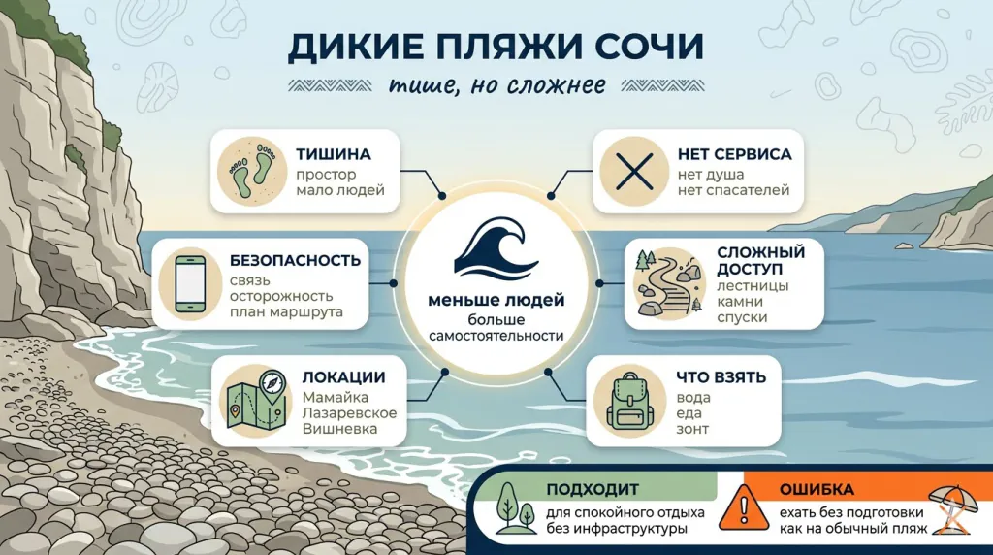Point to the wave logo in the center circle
pos(496,250)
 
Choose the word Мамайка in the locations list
pos(336,397)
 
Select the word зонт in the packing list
pos(692,429)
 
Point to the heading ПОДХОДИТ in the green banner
pos(591,489)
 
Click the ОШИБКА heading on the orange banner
pos(817,489)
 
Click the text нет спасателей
pos(735,190)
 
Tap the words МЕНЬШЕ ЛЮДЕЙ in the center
pos(496,300)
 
